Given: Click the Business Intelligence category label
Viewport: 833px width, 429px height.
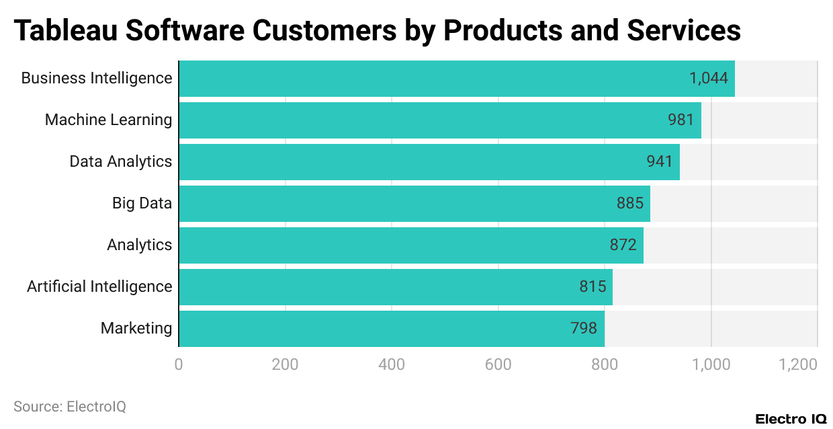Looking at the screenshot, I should pyautogui.click(x=97, y=78).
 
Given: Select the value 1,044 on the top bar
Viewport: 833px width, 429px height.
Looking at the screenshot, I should pyautogui.click(x=709, y=78).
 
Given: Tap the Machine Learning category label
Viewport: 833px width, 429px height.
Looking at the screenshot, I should pyautogui.click(x=108, y=120).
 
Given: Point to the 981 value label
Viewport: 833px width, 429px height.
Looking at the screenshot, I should pyautogui.click(x=681, y=120).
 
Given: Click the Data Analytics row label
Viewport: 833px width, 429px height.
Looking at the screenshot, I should pyautogui.click(x=121, y=161).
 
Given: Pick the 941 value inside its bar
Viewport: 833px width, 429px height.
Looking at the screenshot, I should pyautogui.click(x=659, y=161).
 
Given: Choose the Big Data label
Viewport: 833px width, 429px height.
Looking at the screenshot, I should pyautogui.click(x=142, y=203).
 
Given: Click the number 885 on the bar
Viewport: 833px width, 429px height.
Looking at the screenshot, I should pyautogui.click(x=629, y=203).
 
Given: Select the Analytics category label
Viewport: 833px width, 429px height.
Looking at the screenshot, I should pyautogui.click(x=139, y=245).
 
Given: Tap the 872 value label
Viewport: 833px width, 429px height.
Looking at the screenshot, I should pyautogui.click(x=623, y=245).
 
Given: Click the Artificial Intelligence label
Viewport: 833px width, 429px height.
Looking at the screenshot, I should pyautogui.click(x=99, y=286).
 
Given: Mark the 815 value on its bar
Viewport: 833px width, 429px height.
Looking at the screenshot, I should pyautogui.click(x=593, y=286).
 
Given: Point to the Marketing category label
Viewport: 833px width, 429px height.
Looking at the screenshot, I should pyautogui.click(x=136, y=328).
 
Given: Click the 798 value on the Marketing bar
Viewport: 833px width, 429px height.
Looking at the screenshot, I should pyautogui.click(x=584, y=328).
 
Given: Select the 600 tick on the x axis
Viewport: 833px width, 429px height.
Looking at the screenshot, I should pyautogui.click(x=498, y=364).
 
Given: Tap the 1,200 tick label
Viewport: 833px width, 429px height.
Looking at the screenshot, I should pyautogui.click(x=798, y=364).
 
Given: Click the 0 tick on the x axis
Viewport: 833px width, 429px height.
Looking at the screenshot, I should pyautogui.click(x=179, y=364).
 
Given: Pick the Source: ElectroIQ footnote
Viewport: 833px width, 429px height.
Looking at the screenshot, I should pyautogui.click(x=70, y=407).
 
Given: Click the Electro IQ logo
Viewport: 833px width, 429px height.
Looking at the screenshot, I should pyautogui.click(x=791, y=419).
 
